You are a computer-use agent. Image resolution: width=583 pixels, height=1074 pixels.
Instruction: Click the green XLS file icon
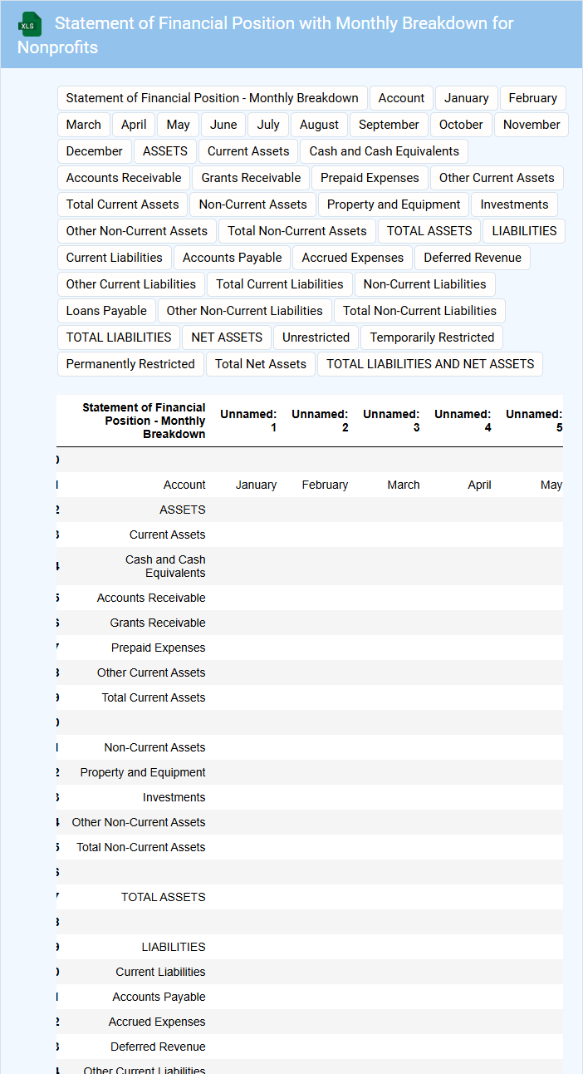coord(30,25)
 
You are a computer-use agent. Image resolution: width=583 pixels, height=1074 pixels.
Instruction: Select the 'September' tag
coord(389,125)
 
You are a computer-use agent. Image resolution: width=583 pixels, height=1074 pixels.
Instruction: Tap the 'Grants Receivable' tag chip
coord(251,178)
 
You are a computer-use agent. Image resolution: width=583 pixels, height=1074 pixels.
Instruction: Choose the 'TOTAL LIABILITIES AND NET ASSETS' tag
coord(430,364)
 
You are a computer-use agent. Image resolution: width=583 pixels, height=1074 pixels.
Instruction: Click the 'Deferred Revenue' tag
coord(473,258)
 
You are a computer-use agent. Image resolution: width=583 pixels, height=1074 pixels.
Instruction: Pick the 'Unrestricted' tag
coord(316,337)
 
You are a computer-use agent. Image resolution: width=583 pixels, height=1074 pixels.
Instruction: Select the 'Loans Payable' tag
coord(106,311)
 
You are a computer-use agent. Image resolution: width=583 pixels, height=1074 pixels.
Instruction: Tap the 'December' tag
coord(94,151)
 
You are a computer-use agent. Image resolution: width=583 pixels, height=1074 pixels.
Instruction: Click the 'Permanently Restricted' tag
coord(130,364)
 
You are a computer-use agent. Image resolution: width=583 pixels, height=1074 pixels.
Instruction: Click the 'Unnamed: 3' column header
coord(391,421)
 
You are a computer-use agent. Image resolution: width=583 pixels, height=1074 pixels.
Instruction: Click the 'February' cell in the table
coord(325,485)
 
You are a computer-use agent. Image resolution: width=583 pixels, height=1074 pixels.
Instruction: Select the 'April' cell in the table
coord(479,485)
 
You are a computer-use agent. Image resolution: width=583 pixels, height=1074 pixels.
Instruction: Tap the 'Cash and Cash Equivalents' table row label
coord(165,566)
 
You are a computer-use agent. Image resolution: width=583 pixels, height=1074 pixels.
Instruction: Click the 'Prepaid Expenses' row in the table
coord(158,648)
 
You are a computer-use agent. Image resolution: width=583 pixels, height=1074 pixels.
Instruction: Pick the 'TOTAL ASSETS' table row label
coord(163,897)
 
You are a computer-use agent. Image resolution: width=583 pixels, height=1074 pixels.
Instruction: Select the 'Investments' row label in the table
coord(174,797)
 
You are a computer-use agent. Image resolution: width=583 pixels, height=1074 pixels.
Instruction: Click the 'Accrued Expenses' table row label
coord(157,1022)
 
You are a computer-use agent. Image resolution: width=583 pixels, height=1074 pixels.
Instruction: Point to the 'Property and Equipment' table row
coord(143,772)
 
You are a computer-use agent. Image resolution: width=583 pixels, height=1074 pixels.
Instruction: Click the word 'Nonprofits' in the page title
coord(57,47)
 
